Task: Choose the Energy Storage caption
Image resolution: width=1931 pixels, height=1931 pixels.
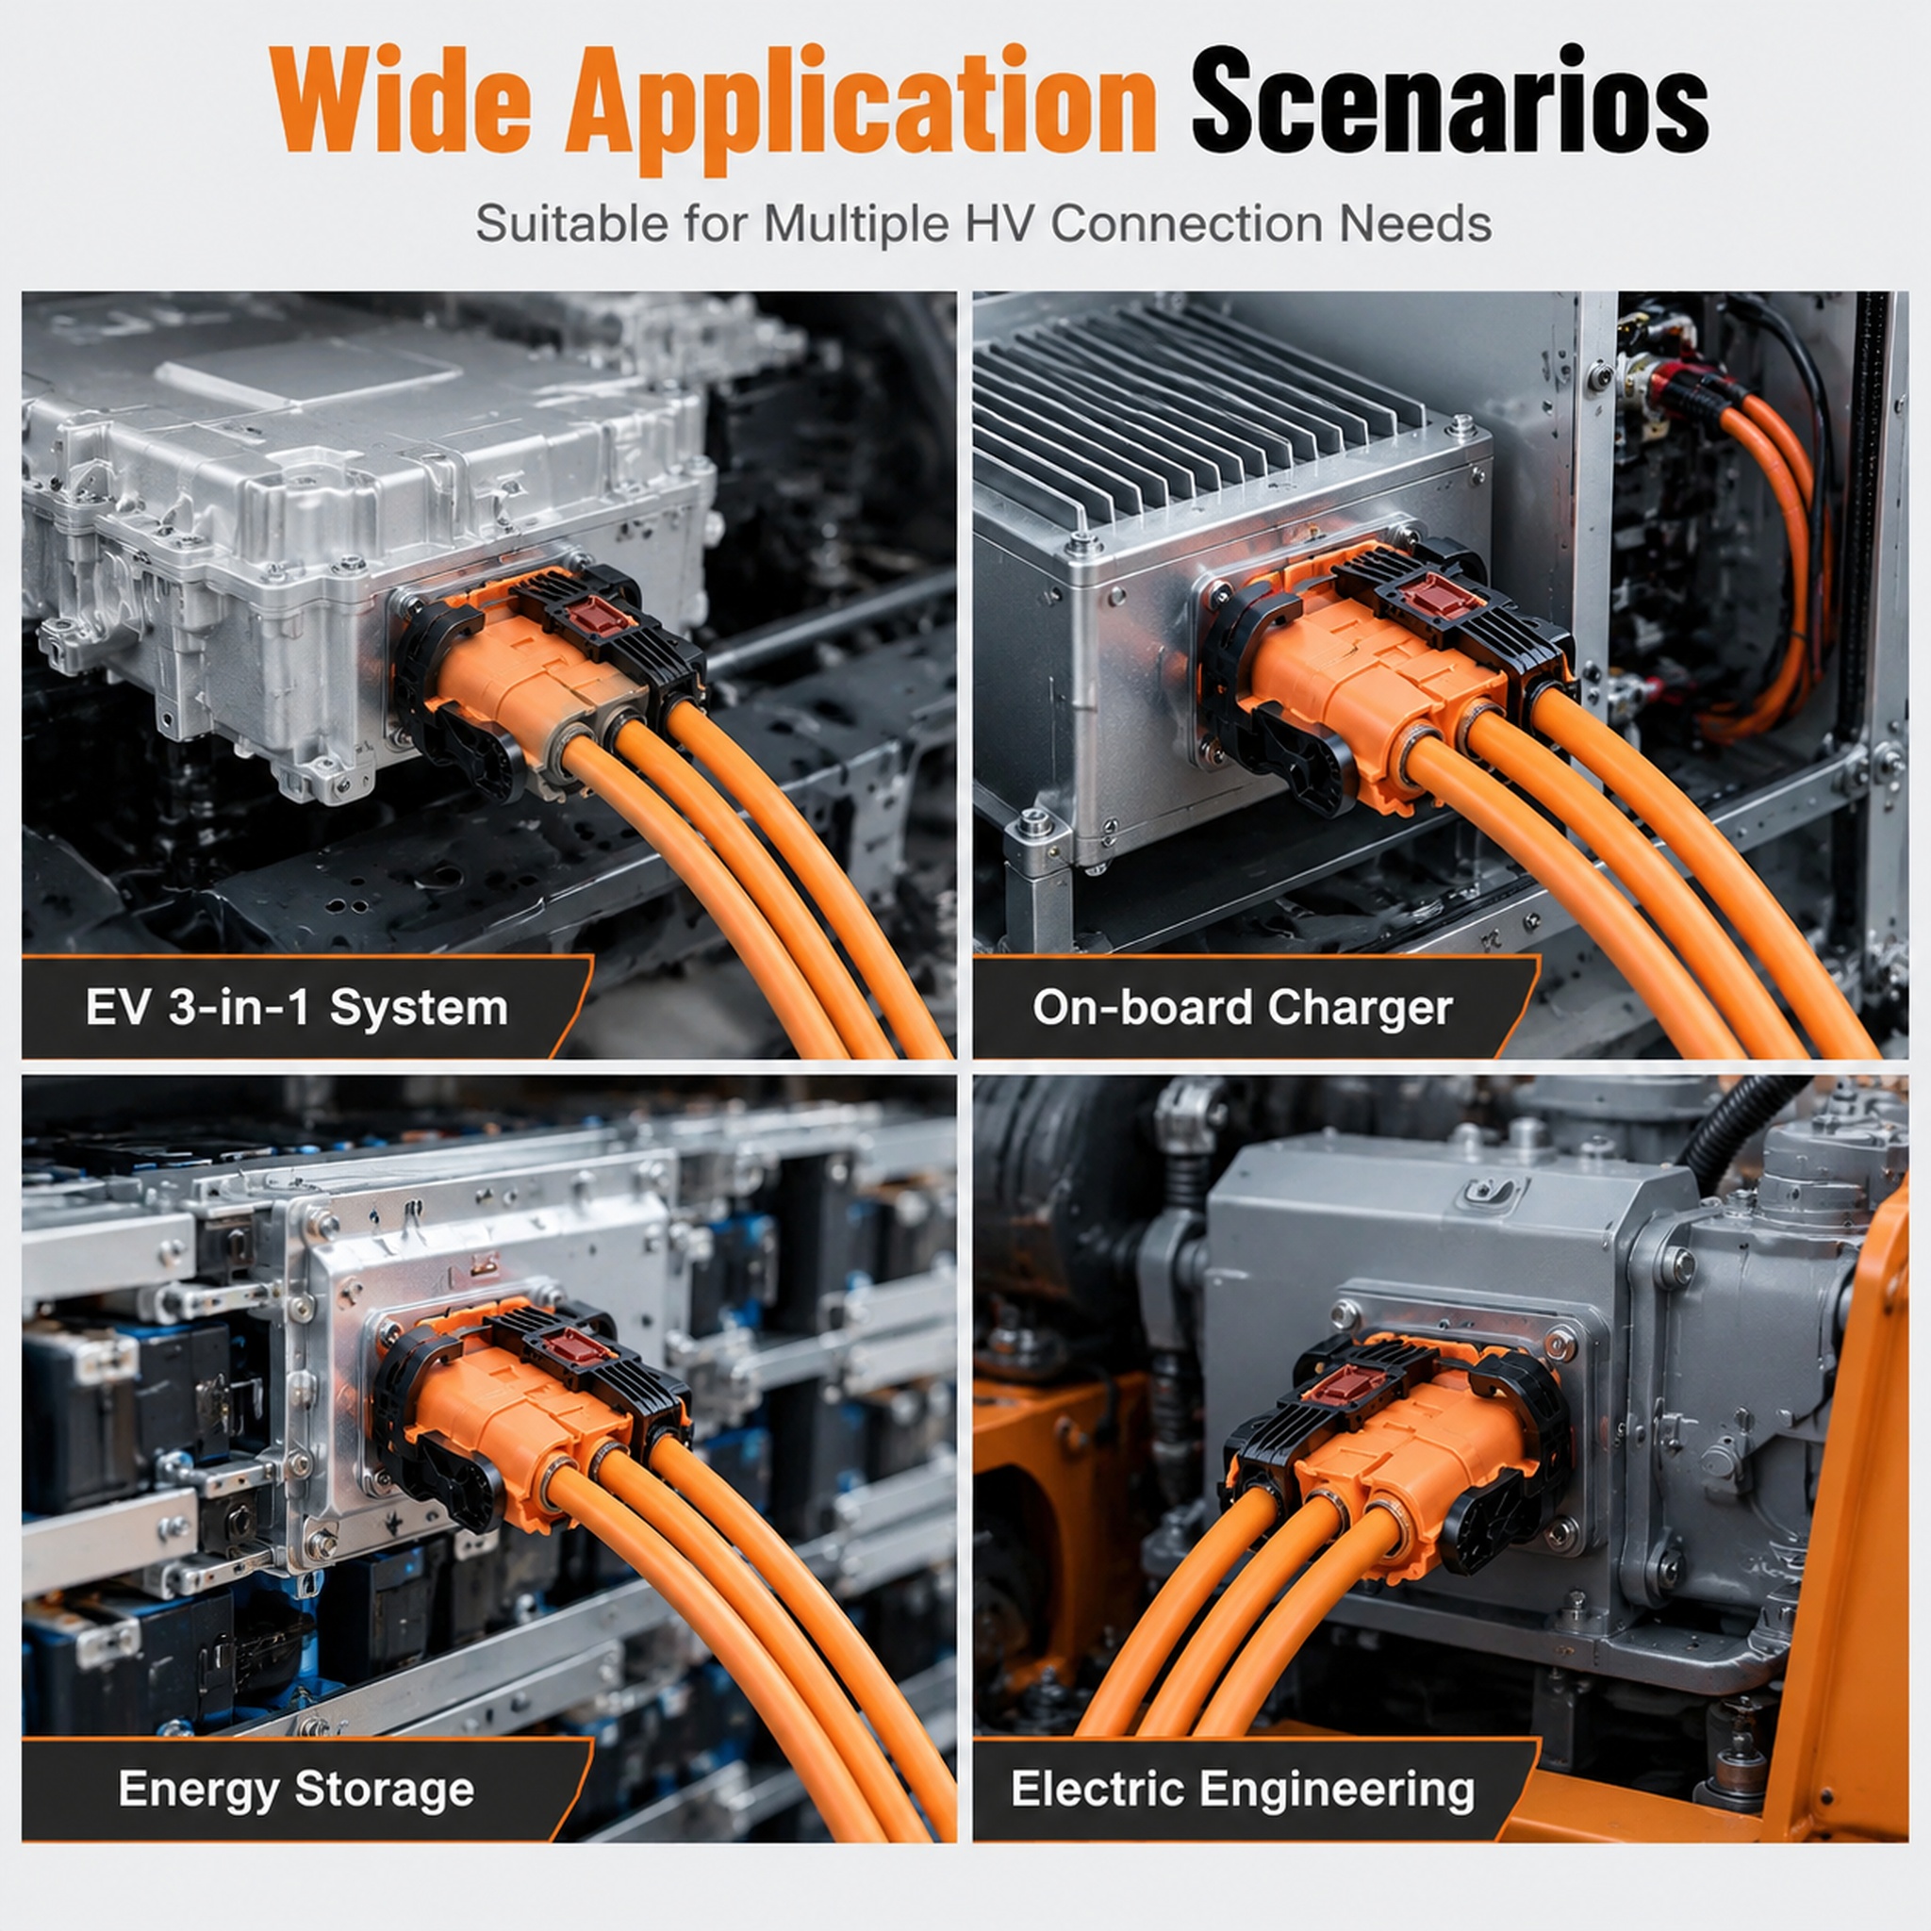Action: [x=296, y=1789]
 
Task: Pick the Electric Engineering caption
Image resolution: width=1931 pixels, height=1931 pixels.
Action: [x=1243, y=1789]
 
